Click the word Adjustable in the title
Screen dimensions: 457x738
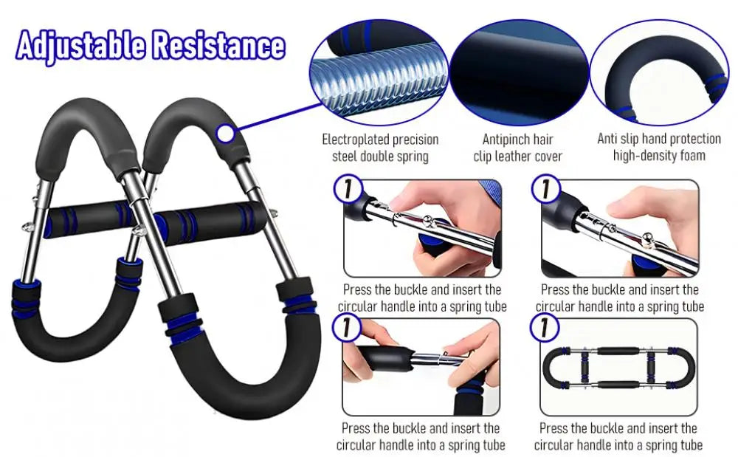coord(80,46)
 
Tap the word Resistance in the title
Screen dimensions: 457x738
coord(218,46)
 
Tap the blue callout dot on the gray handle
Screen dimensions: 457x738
coord(225,133)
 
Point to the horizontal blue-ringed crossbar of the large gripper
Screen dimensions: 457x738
coord(155,220)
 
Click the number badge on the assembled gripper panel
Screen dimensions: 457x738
coord(546,326)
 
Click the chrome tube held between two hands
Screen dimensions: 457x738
coord(432,361)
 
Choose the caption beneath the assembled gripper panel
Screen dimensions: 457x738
coord(618,436)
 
